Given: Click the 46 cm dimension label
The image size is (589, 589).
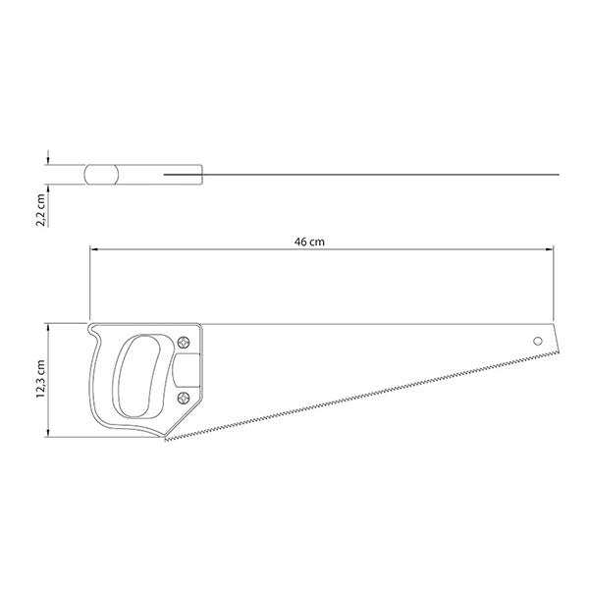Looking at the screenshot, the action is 309,241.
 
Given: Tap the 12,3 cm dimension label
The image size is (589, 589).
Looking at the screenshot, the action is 40,379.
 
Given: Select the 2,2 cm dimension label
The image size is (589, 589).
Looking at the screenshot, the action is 40,210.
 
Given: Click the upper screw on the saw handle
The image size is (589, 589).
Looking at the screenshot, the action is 184,343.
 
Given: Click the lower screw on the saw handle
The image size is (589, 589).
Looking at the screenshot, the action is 184,398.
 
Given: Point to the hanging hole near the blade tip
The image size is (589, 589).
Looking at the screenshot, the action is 538,341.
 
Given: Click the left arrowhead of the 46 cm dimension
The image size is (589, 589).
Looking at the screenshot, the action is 92,249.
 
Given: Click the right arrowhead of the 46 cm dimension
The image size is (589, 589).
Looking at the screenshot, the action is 551,249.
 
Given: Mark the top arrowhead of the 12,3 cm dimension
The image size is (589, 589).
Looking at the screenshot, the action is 48,327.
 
